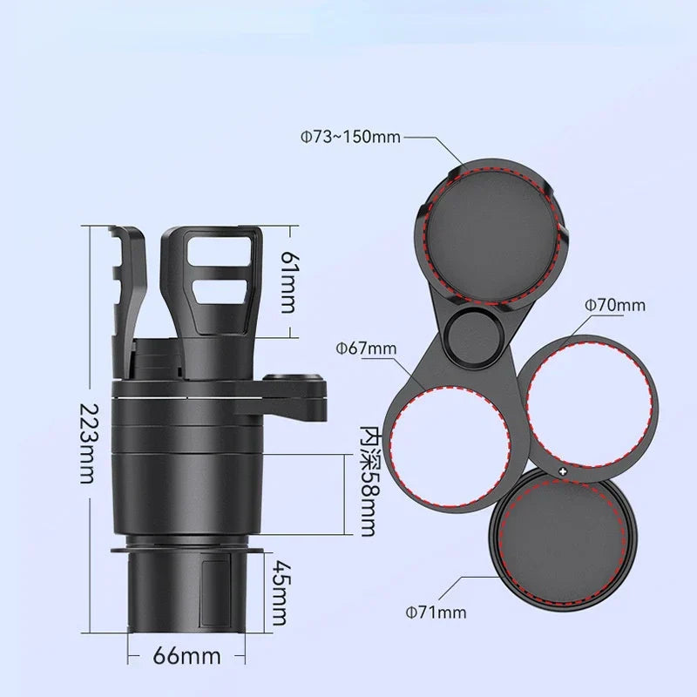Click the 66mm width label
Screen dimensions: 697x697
(187, 654)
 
